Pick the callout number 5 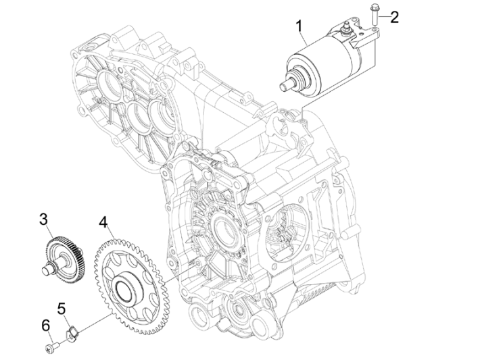(x=62, y=309)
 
